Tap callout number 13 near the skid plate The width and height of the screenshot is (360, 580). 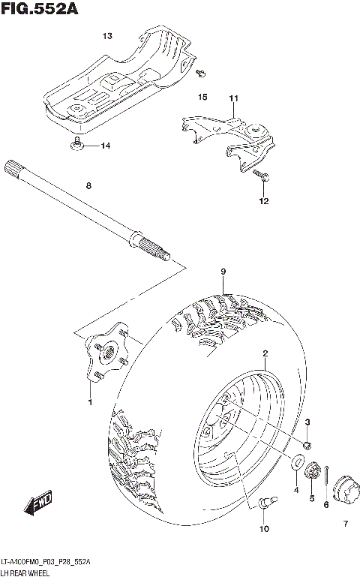point(107,36)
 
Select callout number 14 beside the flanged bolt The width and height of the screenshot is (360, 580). point(105,146)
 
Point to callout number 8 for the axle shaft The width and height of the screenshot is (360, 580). point(88,185)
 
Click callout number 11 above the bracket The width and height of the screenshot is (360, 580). point(233,99)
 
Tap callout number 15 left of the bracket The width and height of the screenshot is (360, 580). point(202,98)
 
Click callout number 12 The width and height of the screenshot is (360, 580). point(263,201)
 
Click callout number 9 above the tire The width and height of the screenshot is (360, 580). point(223,271)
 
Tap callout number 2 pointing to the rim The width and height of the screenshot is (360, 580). point(265,353)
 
